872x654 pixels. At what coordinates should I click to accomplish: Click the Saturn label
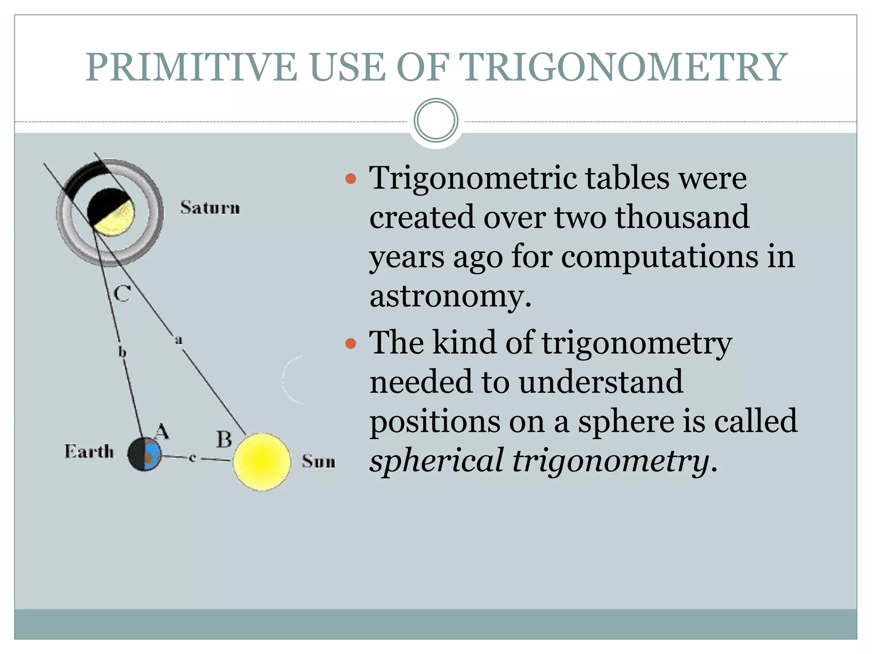coord(210,208)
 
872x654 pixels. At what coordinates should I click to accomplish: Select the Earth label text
coord(89,451)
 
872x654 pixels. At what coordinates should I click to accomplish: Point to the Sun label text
coord(318,461)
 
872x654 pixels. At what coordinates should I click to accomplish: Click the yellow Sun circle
coord(262,462)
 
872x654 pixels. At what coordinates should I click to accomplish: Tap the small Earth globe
coord(145,454)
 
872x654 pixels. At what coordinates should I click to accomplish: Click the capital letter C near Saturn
coord(122,294)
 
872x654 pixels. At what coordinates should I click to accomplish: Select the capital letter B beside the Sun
coord(224,439)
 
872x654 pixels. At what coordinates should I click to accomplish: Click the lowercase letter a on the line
coord(179,340)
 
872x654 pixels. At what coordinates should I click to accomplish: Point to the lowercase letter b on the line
coord(122,352)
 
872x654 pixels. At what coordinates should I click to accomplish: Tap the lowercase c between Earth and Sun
coord(192,458)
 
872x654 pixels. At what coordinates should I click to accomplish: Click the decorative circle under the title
coord(436,120)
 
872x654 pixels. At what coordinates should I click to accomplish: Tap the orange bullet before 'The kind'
coord(350,343)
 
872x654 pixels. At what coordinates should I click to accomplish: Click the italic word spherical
coord(437,461)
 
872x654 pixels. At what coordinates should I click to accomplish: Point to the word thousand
coord(682,217)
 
